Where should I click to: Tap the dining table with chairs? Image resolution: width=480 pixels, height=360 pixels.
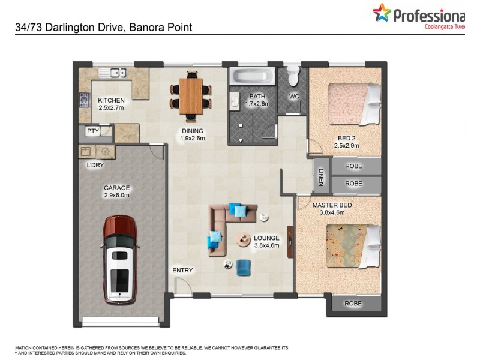point(191,94)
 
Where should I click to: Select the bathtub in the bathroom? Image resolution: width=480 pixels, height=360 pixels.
point(251,76)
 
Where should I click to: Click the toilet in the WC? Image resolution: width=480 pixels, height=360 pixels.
point(293,76)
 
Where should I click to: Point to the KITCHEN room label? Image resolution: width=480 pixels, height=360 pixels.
point(111,100)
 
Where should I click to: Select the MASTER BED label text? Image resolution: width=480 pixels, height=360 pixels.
point(332,205)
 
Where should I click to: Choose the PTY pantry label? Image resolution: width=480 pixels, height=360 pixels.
point(92,131)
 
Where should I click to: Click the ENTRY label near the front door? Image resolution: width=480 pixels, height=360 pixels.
point(182,271)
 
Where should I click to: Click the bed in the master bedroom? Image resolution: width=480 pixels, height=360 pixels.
point(352,245)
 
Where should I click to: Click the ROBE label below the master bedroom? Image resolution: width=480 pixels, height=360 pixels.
point(353,304)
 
